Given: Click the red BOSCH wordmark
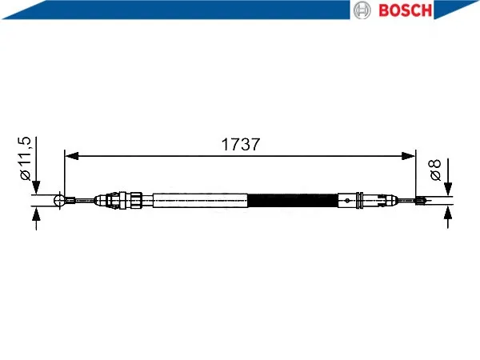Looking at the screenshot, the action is click(x=405, y=10).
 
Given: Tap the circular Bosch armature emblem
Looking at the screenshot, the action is click(x=362, y=10).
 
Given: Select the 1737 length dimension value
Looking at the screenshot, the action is click(x=241, y=144).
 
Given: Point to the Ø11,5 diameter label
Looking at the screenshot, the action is click(x=25, y=158).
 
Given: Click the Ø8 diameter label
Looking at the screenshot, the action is click(x=435, y=170).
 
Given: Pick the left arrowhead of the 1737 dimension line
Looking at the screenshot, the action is click(x=72, y=156).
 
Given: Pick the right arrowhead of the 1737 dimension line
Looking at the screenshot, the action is click(x=408, y=156).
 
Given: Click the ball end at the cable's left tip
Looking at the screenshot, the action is click(x=59, y=200).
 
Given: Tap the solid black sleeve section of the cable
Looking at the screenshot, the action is click(x=293, y=201).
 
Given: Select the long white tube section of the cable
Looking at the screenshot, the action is click(x=200, y=201).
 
